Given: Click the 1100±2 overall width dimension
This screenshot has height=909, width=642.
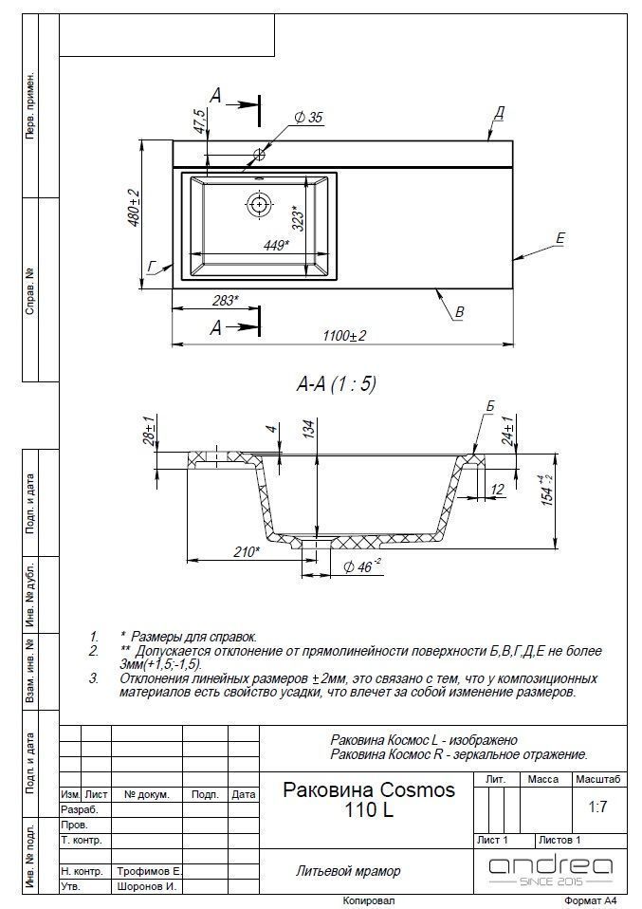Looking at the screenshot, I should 342,335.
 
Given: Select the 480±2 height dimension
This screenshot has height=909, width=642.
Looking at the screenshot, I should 134,207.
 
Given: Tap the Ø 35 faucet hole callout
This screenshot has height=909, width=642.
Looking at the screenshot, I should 308,118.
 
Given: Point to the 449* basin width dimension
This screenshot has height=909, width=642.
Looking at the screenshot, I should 276,244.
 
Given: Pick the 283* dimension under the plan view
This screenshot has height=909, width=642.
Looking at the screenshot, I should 225,301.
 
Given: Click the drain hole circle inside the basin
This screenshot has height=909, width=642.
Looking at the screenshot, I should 259,202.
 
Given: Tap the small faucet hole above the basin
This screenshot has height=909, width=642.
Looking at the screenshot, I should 259,154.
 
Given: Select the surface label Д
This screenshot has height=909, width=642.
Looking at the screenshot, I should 498,113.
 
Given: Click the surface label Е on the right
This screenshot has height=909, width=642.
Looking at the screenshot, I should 559,238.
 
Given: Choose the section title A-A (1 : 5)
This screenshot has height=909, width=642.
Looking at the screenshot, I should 337,383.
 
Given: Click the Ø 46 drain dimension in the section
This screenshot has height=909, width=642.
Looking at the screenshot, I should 362,566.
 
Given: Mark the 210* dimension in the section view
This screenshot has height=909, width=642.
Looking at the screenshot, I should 246,550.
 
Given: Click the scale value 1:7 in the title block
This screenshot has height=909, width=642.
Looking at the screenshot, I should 597,807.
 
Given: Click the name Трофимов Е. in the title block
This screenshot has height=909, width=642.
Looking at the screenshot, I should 149,870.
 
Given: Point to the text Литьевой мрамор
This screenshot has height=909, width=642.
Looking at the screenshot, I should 348,870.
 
